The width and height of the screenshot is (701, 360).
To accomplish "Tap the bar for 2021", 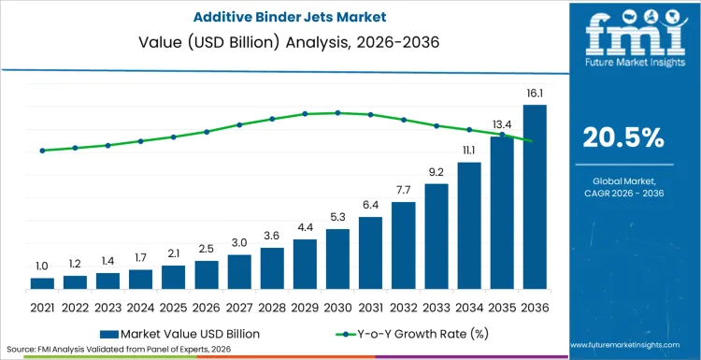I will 42,282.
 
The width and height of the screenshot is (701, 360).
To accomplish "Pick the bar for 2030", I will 337,258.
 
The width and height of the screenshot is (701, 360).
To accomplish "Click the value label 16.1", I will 535,94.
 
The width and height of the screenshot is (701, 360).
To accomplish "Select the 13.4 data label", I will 502,125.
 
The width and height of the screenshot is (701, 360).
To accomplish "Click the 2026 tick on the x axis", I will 207,306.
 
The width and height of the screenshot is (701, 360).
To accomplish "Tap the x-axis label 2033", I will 436,306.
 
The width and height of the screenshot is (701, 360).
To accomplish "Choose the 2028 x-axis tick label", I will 272,306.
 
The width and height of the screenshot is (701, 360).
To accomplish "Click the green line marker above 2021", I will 42,151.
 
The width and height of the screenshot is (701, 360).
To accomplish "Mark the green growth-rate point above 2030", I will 337,112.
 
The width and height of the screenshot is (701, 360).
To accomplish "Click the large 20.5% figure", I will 623,137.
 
